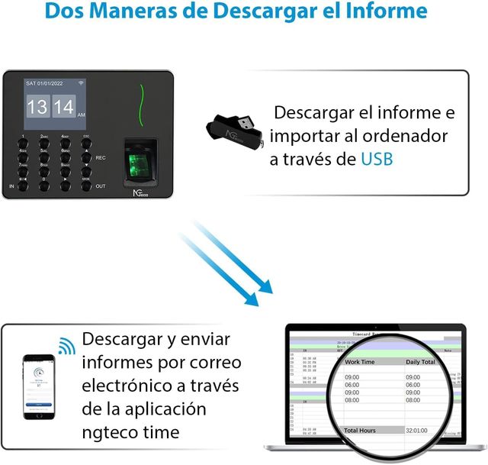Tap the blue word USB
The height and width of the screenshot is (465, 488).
[x=378, y=159]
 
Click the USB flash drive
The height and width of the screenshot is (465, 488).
[x=236, y=127]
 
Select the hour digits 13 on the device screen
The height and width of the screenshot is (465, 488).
[x=37, y=106]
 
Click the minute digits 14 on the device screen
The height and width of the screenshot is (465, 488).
[x=64, y=106]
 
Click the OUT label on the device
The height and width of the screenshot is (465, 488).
[x=101, y=186]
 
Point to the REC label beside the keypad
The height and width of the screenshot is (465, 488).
[x=101, y=157]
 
